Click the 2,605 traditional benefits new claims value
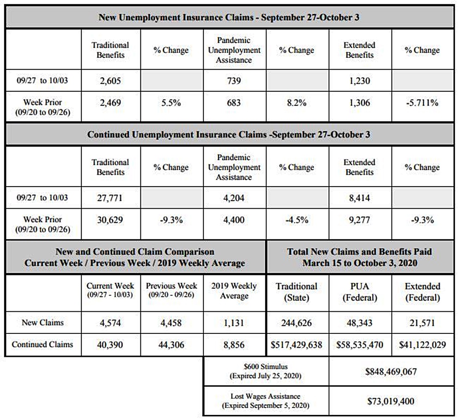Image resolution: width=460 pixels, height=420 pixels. [111, 81]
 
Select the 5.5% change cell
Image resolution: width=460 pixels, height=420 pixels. [171, 103]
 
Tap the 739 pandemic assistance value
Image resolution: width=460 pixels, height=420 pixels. [234, 81]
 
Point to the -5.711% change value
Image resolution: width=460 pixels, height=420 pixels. [422, 103]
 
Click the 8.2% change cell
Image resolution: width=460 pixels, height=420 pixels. [297, 103]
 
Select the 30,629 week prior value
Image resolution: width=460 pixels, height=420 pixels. [110, 220]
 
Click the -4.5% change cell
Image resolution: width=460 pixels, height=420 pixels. [297, 220]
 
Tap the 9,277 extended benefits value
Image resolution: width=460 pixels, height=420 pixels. [359, 220]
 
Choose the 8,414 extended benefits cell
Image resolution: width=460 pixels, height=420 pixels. [359, 198]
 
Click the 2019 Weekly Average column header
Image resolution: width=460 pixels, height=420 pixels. [234, 291]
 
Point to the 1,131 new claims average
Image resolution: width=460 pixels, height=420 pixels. [234, 323]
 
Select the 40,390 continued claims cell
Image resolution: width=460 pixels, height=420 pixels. [110, 344]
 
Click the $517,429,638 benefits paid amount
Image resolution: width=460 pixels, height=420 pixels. [296, 344]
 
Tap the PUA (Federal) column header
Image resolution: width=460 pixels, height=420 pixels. [360, 292]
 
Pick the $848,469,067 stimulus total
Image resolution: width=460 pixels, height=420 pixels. [391, 372]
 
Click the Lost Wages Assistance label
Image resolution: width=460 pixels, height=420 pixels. [265, 396]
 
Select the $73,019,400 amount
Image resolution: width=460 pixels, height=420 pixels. [391, 401]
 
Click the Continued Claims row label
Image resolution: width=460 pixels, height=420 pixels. [42, 344]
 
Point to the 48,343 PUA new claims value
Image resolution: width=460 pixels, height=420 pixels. [359, 323]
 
